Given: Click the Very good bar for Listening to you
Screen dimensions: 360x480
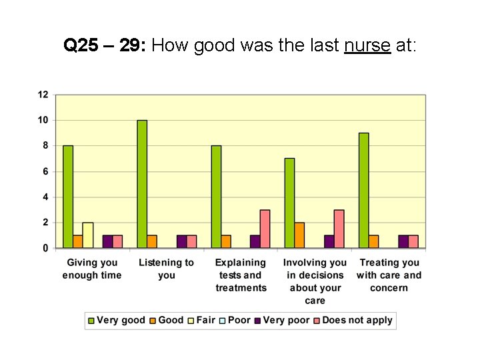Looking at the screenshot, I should (x=142, y=184).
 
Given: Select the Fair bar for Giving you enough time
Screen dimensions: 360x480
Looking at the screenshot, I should (x=88, y=235).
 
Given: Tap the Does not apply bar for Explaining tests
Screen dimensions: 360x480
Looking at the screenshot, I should (x=265, y=229).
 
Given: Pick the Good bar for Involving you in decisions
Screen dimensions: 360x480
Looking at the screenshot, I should (x=300, y=235).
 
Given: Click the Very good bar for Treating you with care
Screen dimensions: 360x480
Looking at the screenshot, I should (x=363, y=191).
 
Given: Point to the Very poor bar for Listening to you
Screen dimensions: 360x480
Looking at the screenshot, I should (x=182, y=241).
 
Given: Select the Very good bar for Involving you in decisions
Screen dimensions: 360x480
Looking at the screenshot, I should (x=290, y=203).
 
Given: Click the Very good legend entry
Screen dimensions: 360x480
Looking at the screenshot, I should (x=116, y=320).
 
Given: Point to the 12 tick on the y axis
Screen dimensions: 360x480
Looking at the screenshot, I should (x=43, y=95).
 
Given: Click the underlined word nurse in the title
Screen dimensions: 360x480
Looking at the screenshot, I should (x=367, y=45).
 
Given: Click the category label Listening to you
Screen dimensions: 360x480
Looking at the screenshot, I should (x=166, y=269).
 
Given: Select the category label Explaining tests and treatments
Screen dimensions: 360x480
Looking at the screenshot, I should (x=241, y=275).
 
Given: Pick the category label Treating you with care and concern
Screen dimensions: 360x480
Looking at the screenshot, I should (x=389, y=275).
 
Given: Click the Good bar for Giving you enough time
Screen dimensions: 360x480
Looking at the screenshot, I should (x=78, y=241).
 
